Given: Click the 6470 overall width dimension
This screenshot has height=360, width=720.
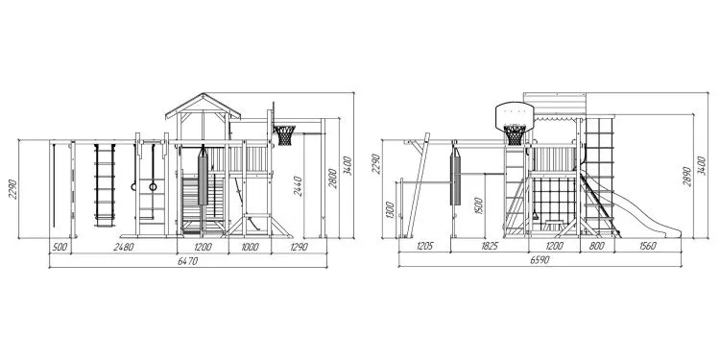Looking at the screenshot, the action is pyautogui.click(x=187, y=260).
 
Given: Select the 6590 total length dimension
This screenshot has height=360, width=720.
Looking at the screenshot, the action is pyautogui.click(x=540, y=260).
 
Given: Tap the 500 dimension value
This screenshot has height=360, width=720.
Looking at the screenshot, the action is pyautogui.click(x=60, y=247).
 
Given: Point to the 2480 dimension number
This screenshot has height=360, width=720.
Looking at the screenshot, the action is pyautogui.click(x=124, y=247).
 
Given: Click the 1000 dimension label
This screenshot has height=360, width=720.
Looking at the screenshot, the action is pyautogui.click(x=250, y=247).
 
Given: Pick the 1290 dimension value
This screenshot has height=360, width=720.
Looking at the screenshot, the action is pyautogui.click(x=299, y=247).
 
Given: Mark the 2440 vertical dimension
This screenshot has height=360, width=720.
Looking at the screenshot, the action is pyautogui.click(x=298, y=186).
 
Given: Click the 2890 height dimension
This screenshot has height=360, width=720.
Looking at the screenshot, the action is pyautogui.click(x=687, y=176).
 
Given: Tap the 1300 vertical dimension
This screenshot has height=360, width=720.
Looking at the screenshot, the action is pyautogui.click(x=390, y=209).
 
